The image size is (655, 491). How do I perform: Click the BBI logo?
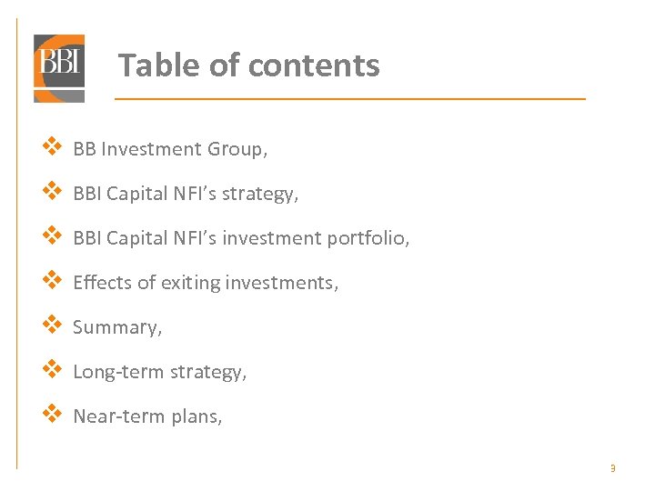coord(59,66)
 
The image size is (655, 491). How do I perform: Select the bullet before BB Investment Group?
coord(52,146)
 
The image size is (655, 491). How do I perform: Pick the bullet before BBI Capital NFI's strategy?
coord(52,191)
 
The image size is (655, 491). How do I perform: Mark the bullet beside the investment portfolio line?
coord(52,235)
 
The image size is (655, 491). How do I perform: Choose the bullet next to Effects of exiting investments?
coord(52,280)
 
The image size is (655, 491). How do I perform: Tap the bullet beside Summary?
coord(52,325)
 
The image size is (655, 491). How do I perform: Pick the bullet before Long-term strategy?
coord(52,369)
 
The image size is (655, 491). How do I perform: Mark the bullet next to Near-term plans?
coord(52,414)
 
